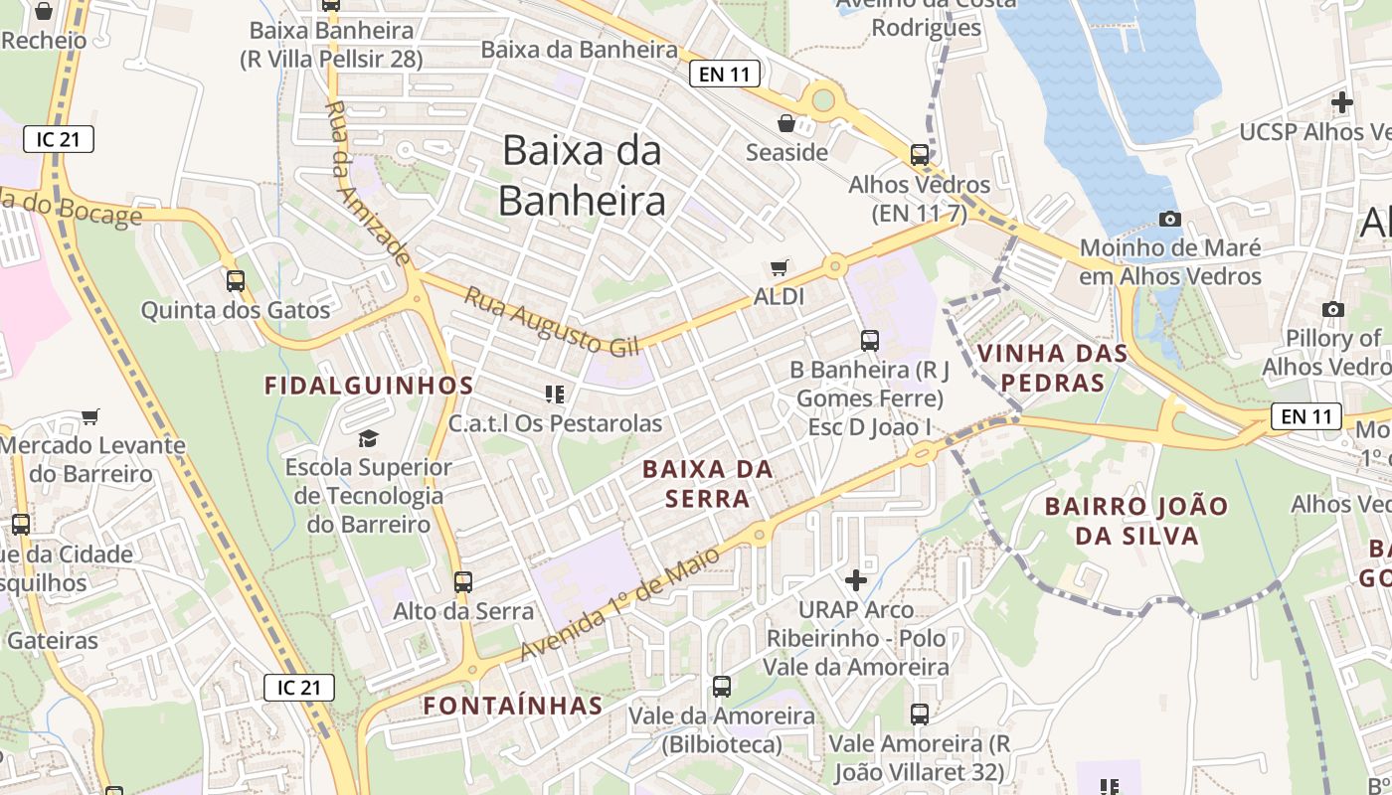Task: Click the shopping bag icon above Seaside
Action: [786, 123]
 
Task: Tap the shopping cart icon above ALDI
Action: [780, 267]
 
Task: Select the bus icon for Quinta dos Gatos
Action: [236, 281]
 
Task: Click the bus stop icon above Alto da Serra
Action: [463, 582]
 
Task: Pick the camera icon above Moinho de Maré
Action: [1170, 219]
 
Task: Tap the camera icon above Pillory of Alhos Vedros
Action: [1333, 310]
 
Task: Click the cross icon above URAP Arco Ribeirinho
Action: [856, 579]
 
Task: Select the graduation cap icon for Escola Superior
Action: [369, 438]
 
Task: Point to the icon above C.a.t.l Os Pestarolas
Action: [555, 395]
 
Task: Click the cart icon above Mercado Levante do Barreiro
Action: [90, 417]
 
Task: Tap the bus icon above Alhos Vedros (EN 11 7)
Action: [920, 155]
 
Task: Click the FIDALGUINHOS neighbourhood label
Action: [369, 386]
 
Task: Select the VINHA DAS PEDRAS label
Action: [1053, 368]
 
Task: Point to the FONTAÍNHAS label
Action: [513, 706]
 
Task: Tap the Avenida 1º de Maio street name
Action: [619, 605]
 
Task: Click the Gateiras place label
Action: [54, 641]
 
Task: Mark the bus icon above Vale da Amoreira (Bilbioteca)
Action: [722, 687]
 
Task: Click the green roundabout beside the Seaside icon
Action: [823, 98]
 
